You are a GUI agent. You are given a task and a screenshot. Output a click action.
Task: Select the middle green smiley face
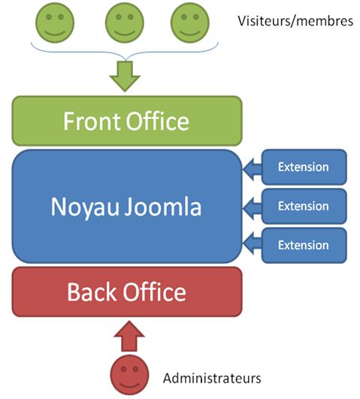coord(124,23)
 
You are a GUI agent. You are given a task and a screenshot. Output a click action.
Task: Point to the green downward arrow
coord(125,75)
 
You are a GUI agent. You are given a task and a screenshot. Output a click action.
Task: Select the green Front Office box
coord(126,120)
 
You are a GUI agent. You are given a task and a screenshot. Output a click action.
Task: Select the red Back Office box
coord(126,292)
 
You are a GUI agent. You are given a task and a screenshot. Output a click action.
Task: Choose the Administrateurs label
coord(212,378)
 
